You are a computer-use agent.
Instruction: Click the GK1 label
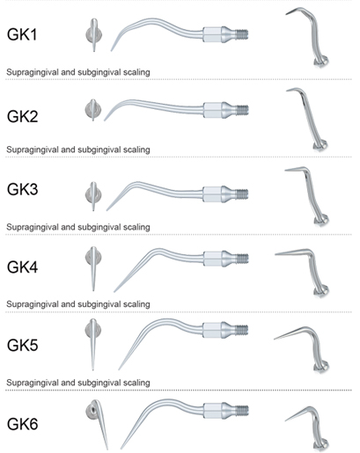[x=22, y=34]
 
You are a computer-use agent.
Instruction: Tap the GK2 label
[x=23, y=116]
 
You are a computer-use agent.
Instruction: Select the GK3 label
[x=23, y=189]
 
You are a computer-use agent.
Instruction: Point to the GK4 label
[x=23, y=267]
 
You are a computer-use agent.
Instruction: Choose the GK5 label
[x=23, y=345]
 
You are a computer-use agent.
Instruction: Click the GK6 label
[x=23, y=424]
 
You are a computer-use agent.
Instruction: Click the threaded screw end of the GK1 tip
[x=243, y=34]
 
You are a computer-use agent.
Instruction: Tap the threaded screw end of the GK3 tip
[x=243, y=194]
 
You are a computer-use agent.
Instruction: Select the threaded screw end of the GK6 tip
[x=243, y=411]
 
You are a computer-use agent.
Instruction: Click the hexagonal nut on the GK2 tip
[x=212, y=110]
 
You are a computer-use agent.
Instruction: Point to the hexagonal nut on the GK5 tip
[x=212, y=330]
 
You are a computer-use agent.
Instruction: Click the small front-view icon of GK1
[x=94, y=35]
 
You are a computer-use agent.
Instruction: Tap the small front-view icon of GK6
[x=97, y=424]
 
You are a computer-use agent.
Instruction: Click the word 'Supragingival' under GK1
[x=33, y=72]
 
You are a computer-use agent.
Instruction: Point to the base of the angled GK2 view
[x=320, y=146]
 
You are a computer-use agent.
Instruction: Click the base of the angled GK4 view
[x=321, y=291]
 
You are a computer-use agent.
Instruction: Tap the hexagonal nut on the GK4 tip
[x=212, y=259]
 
